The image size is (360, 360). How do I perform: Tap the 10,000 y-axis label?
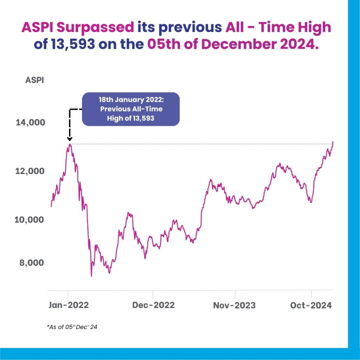tap(29, 220)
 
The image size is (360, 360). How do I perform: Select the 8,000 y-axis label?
tap(32, 263)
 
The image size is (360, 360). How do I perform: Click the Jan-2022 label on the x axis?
tap(68, 305)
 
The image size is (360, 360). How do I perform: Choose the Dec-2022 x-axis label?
tap(153, 305)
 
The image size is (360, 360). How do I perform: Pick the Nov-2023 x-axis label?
tap(234, 305)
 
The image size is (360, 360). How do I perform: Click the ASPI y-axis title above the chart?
tap(34, 80)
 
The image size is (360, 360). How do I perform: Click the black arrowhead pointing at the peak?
tap(70, 140)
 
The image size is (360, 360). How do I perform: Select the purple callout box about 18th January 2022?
tap(131, 109)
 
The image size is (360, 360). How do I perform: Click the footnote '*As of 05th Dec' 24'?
tap(72, 327)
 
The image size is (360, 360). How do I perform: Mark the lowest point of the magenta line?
tap(91, 276)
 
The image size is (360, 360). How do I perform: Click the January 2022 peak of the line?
tap(70, 144)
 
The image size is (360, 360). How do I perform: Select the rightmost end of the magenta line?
tap(333, 141)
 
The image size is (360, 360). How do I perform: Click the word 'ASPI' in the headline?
tap(37, 27)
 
